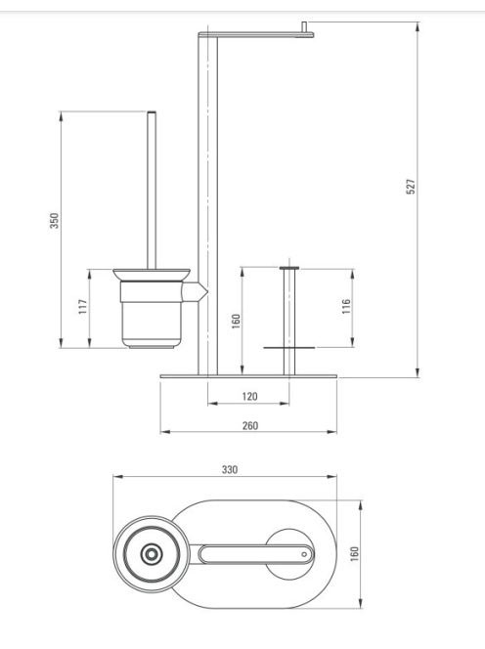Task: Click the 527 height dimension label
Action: pyautogui.click(x=410, y=187)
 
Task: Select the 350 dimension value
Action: pyautogui.click(x=54, y=221)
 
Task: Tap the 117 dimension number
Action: pyautogui.click(x=83, y=307)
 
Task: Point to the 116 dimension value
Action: pyautogui.click(x=346, y=306)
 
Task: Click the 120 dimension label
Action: pyautogui.click(x=249, y=397)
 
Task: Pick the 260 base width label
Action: pyautogui.click(x=249, y=425)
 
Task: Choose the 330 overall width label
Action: pyautogui.click(x=230, y=469)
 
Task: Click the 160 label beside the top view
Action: pyautogui.click(x=355, y=554)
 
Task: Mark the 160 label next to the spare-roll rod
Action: pyautogui.click(x=236, y=322)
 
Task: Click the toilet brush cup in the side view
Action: pyautogui.click(x=152, y=308)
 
